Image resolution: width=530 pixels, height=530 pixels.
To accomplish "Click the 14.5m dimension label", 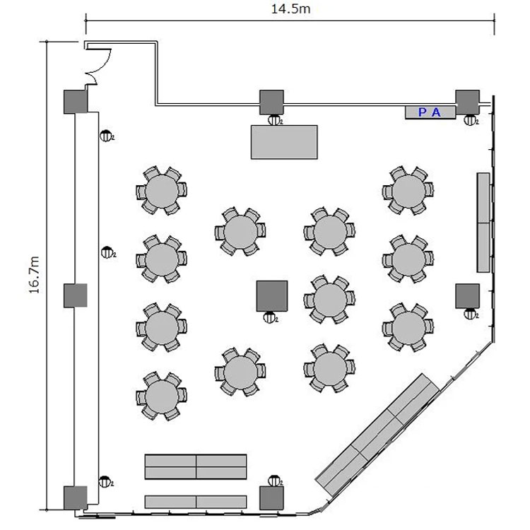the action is [290, 8].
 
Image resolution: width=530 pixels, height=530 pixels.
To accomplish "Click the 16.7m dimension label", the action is [35, 275].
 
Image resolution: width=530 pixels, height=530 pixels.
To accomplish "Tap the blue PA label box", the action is [430, 112].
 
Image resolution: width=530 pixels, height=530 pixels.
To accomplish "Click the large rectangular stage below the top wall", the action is [284, 142].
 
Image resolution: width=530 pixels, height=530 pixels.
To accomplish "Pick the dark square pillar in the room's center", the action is [272, 296].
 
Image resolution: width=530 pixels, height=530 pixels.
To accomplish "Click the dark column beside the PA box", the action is [468, 102].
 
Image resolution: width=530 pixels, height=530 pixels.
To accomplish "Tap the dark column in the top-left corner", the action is [76, 101].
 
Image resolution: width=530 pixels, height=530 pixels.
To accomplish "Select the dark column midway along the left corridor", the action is [76, 295].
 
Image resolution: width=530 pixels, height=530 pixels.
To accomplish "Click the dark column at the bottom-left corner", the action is [76, 498].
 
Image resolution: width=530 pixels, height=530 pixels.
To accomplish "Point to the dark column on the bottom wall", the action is [271, 498].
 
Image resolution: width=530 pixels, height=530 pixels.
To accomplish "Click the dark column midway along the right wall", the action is [468, 296].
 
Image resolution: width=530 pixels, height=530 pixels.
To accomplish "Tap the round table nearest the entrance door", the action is [162, 191].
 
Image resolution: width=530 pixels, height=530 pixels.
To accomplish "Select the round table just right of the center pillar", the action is [329, 300].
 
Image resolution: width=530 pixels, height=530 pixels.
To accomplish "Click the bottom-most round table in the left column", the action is [162, 396].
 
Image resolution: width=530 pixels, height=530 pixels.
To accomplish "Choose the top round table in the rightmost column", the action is [408, 191].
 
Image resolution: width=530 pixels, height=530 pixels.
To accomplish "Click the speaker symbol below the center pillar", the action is [270, 317].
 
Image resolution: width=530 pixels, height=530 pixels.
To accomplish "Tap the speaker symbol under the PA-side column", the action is [471, 119].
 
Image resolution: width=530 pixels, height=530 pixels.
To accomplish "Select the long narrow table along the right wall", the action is [483, 223].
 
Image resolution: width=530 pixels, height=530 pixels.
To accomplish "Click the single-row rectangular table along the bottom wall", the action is [196, 502].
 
